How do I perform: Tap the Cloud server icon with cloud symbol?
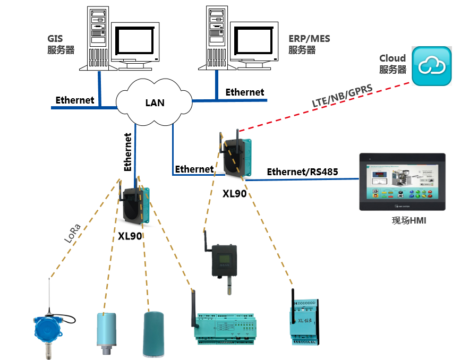433,66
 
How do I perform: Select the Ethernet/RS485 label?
302,172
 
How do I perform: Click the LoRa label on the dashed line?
72,234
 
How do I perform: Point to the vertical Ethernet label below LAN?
128,151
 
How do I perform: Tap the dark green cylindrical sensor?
156,333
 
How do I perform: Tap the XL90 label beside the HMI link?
234,194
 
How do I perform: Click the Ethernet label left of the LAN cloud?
75,100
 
